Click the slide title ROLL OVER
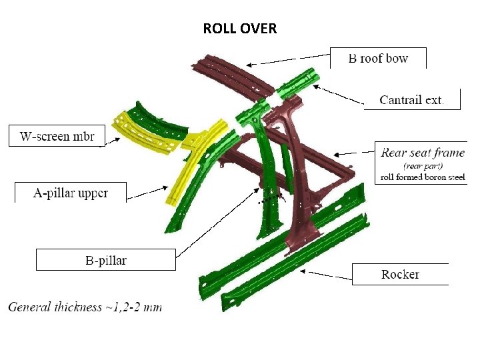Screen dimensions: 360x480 240,29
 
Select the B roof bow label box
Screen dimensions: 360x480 378,58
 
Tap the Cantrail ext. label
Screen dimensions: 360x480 411,100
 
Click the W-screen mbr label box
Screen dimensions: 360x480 57,137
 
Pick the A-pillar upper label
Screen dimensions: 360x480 71,193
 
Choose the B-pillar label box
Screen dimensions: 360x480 105,260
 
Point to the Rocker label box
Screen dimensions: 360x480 400,274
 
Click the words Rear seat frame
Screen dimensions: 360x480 423,153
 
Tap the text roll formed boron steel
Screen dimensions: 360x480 422,177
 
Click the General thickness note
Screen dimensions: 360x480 85,307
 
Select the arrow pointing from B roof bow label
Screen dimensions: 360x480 287,61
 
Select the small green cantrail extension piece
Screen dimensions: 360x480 297,83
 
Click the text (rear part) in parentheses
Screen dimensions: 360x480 422,165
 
